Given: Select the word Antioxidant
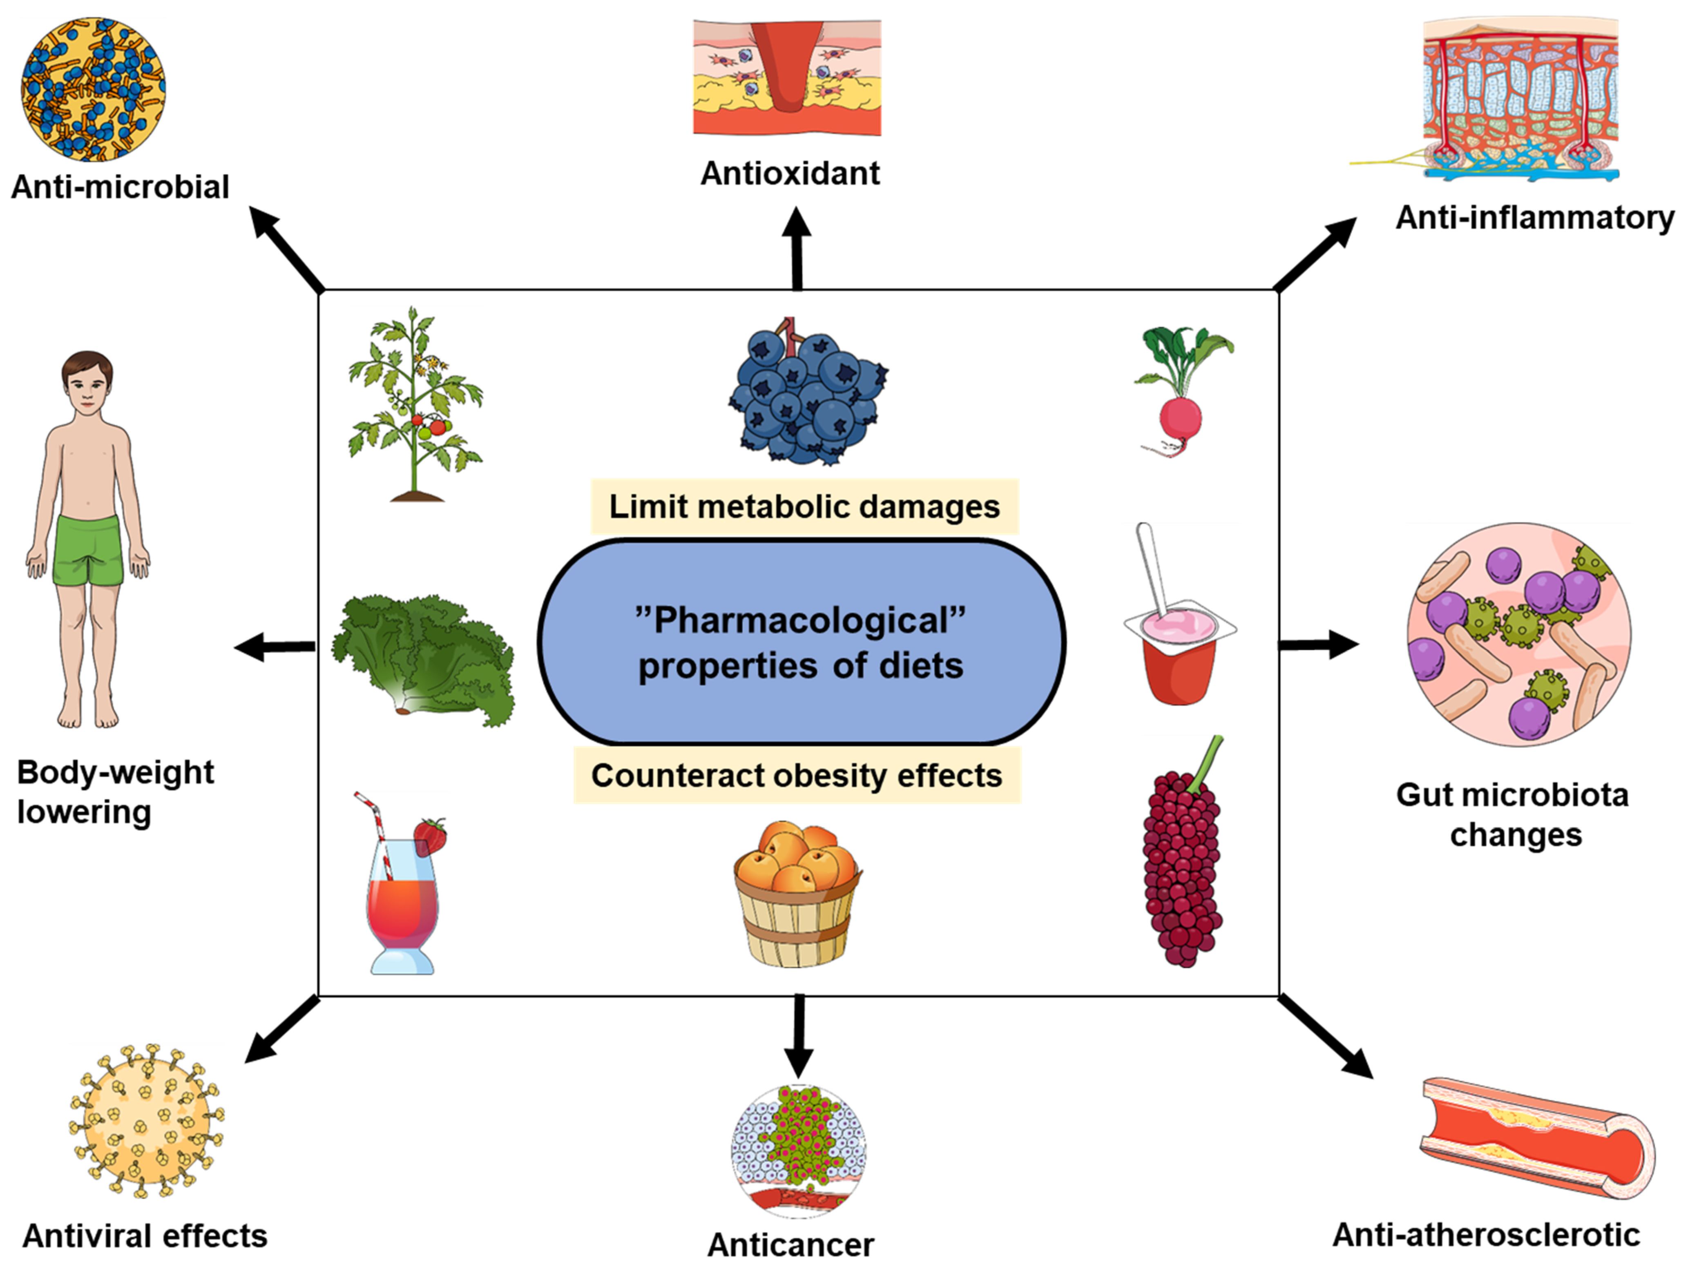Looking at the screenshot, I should click(x=790, y=174).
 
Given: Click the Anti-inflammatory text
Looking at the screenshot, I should click(x=1534, y=218).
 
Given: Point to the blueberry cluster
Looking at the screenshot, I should click(x=806, y=393).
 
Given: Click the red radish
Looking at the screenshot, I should click(x=1181, y=419).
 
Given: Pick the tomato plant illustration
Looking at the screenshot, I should click(x=415, y=405).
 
